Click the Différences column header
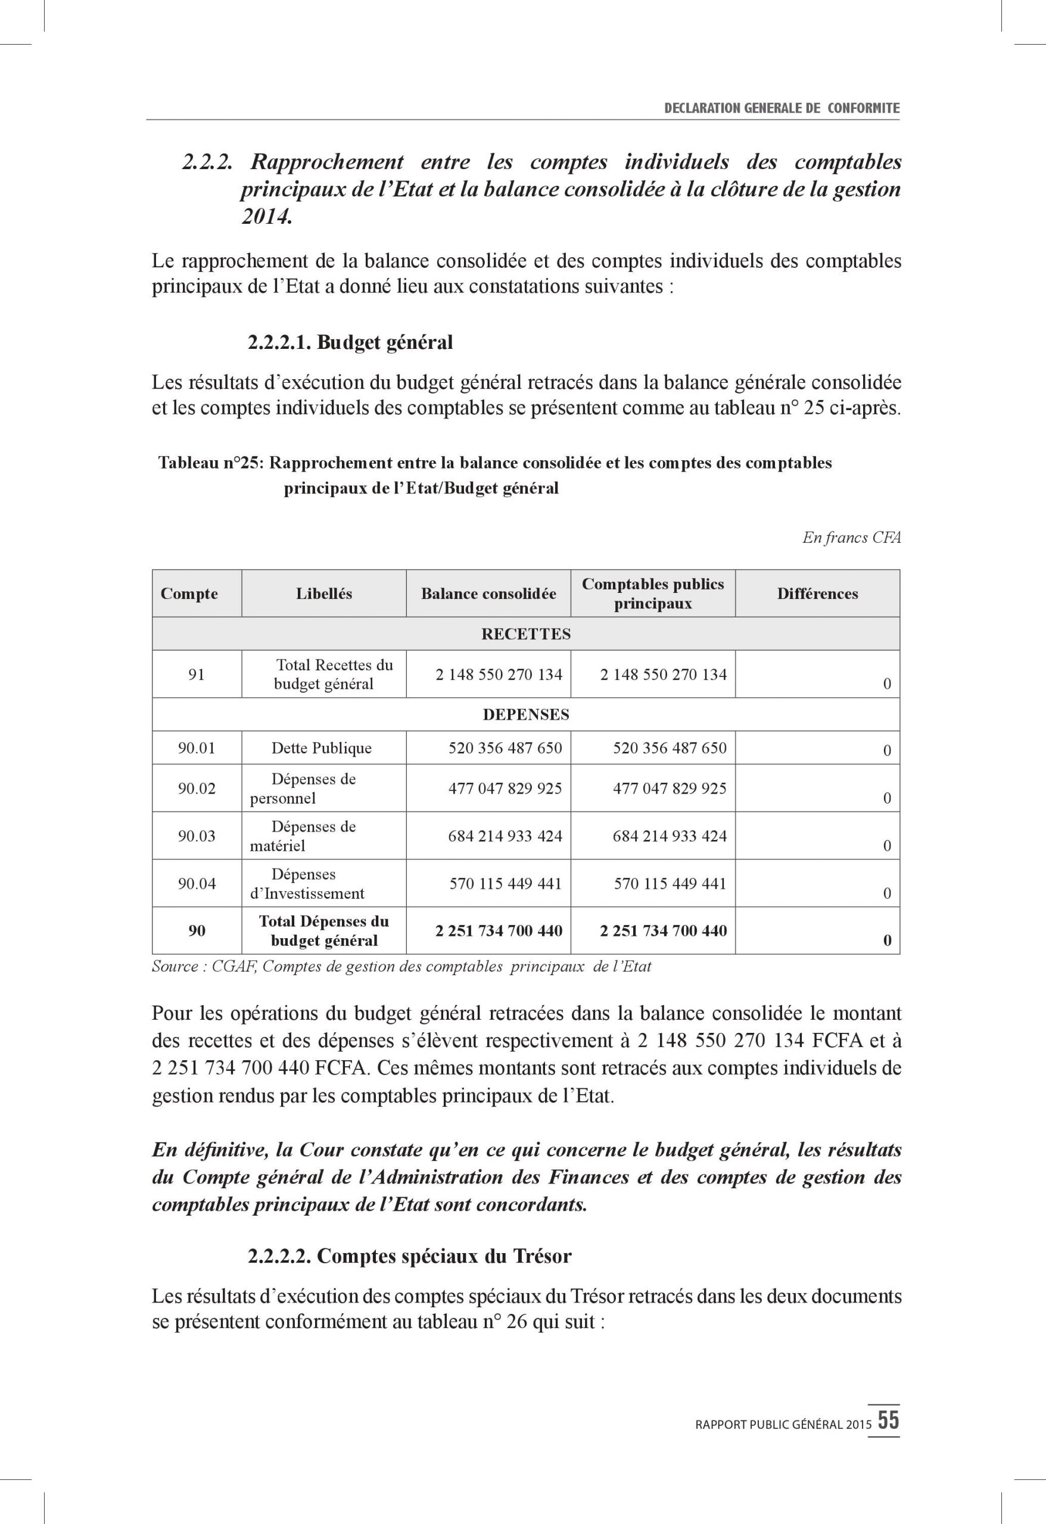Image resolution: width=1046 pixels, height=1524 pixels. click(x=817, y=594)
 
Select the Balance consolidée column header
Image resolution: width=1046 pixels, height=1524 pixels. click(x=488, y=594)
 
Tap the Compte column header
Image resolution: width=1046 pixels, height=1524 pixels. click(x=189, y=594)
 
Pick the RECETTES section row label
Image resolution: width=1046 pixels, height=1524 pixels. click(x=525, y=634)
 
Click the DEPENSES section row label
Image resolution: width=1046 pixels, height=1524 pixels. click(x=525, y=714)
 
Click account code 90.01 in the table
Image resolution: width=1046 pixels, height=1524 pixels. click(x=196, y=748)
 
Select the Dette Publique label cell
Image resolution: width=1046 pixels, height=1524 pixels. click(x=322, y=748)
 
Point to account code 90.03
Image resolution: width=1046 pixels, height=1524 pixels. click(x=196, y=835)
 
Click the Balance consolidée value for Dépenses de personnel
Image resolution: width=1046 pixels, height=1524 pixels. click(x=505, y=788)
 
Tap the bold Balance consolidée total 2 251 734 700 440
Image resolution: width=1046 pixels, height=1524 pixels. click(x=499, y=930)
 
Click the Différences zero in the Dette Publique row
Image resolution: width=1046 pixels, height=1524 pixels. click(x=886, y=751)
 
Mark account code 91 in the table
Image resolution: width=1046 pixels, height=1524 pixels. click(x=196, y=673)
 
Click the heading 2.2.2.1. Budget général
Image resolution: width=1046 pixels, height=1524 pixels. click(x=350, y=342)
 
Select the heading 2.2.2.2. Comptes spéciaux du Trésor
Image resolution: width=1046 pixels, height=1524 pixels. click(x=409, y=1256)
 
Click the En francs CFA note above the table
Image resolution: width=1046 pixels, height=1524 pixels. click(x=851, y=538)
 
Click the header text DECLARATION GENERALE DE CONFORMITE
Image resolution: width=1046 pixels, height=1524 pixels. click(x=782, y=108)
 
